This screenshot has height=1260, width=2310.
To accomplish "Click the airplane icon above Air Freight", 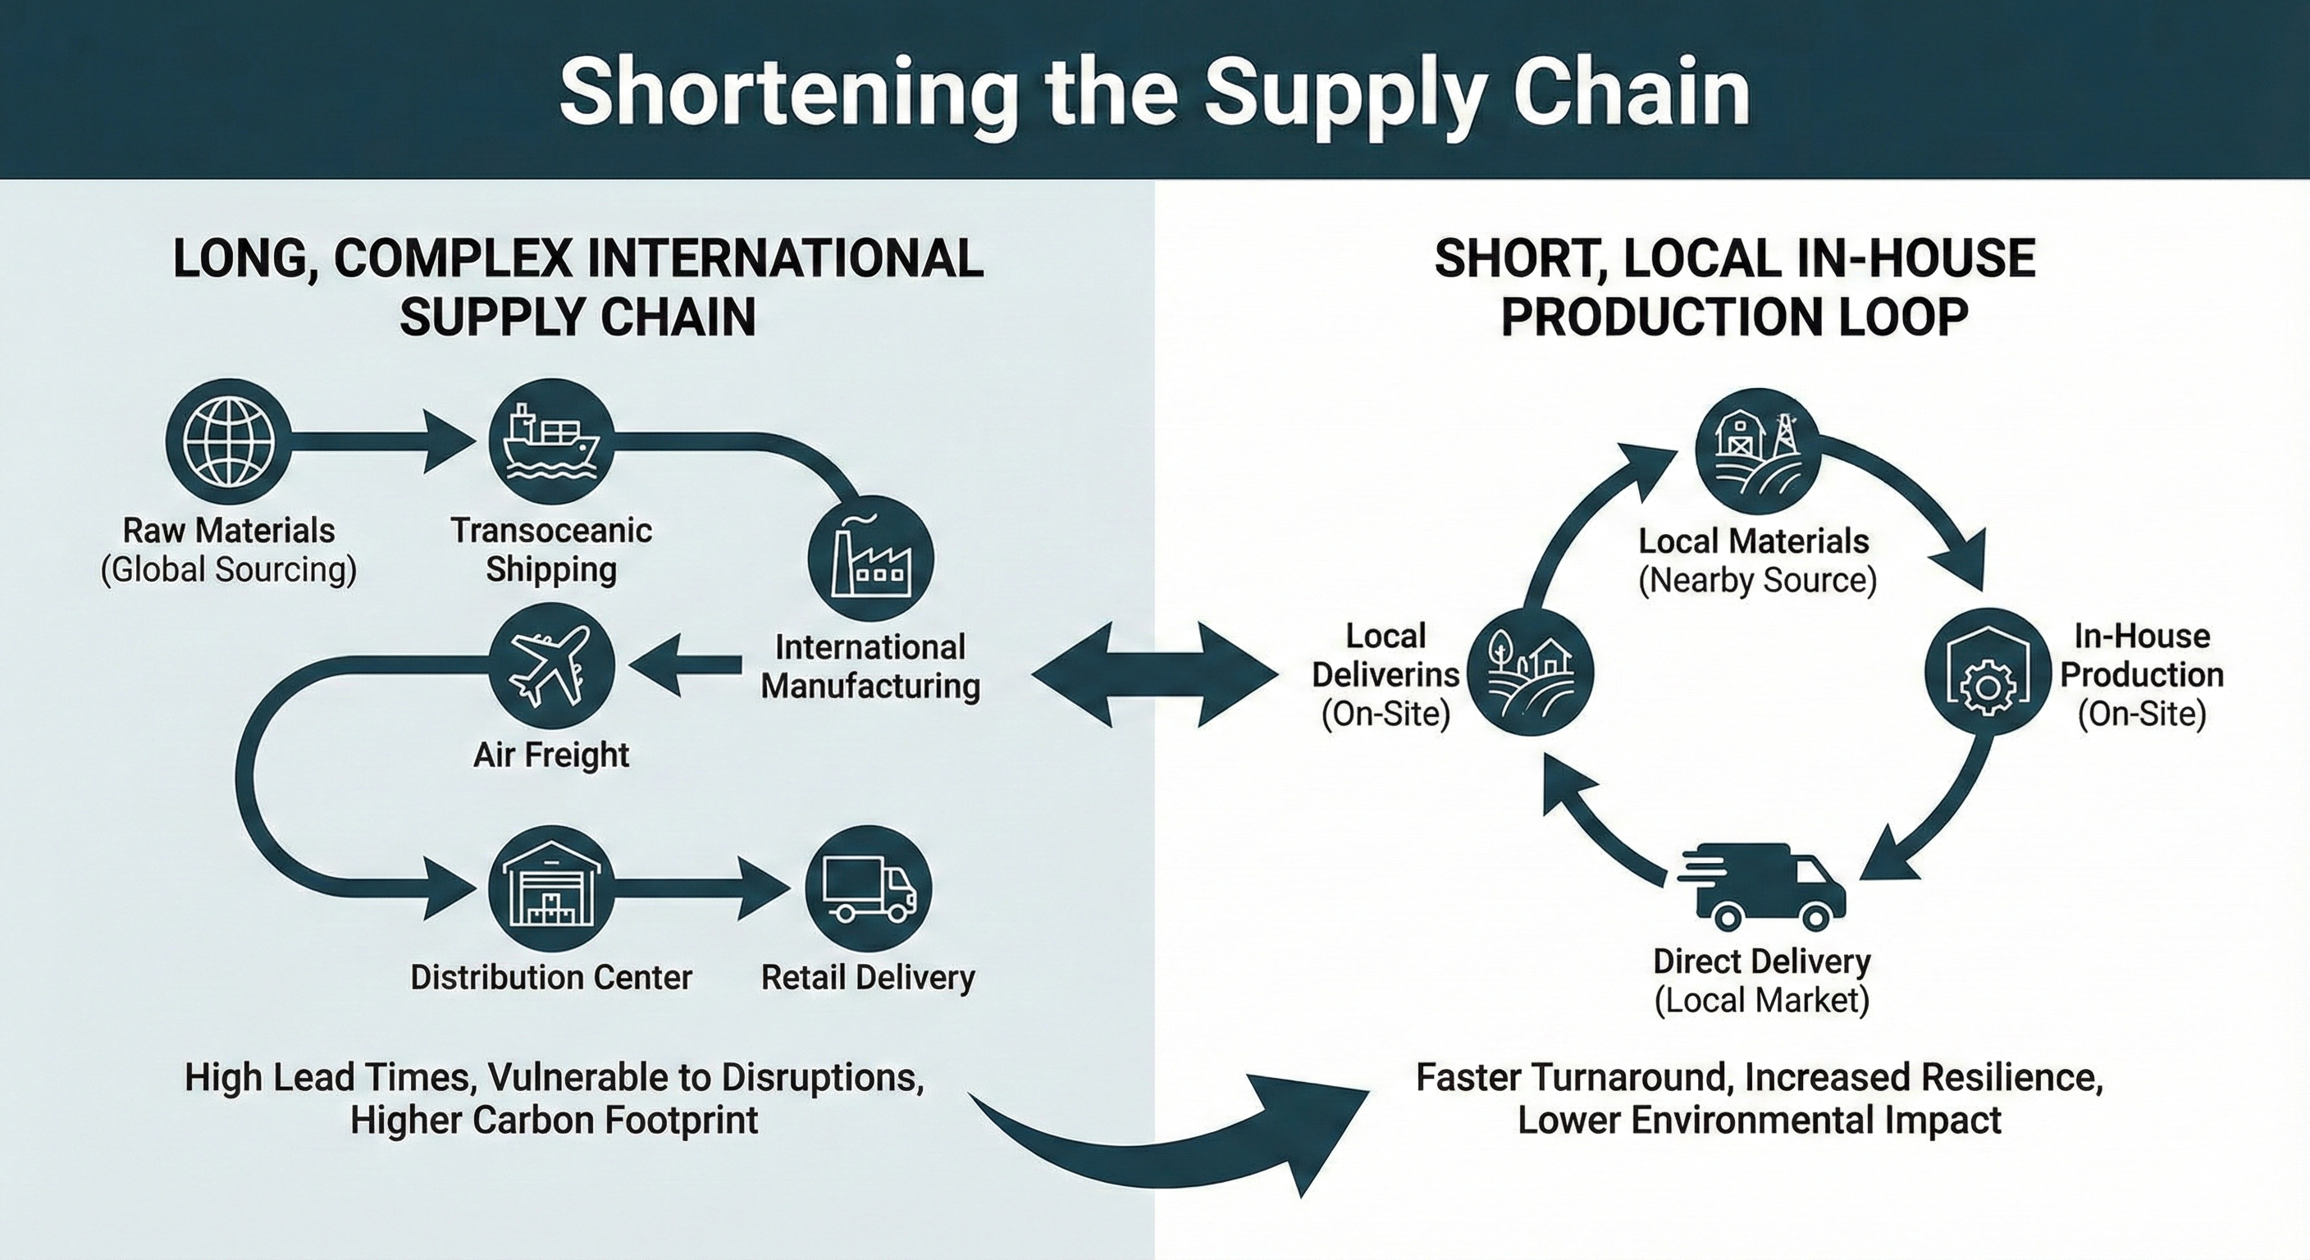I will [550, 666].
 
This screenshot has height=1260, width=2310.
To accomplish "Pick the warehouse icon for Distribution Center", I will [550, 888].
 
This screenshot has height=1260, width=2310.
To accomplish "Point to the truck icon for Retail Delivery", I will [869, 888].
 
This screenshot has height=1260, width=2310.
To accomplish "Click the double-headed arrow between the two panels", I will [1155, 673].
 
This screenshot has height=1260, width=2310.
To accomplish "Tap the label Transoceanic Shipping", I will [550, 550].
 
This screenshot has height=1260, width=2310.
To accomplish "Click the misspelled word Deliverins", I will [1386, 674].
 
